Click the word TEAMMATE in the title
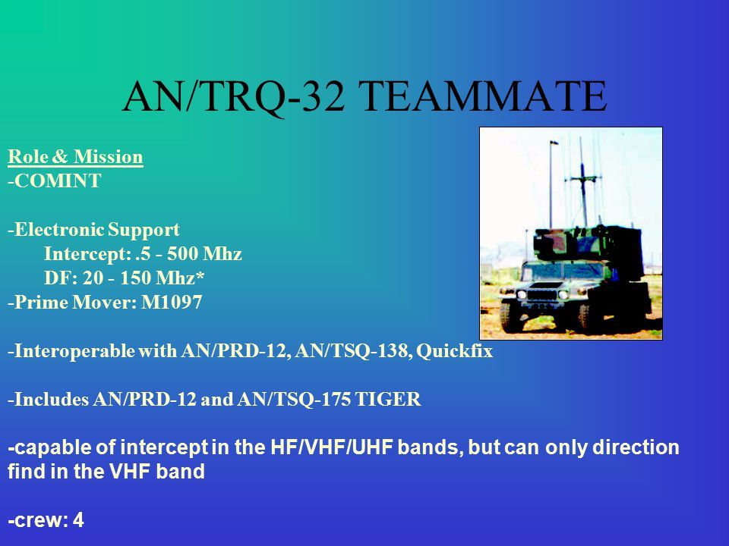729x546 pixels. pos(483,96)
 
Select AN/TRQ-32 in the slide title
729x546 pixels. pos(234,96)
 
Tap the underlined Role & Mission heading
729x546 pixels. pos(75,156)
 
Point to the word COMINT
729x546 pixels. pos(58,180)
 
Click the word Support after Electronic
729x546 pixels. pos(144,230)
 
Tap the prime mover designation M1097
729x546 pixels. pos(172,303)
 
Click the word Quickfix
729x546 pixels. pos(454,350)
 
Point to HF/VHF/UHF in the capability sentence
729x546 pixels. pos(332,447)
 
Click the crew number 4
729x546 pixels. pos(78,520)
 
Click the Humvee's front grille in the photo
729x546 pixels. pos(541,294)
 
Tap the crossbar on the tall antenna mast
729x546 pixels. pos(582,178)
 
